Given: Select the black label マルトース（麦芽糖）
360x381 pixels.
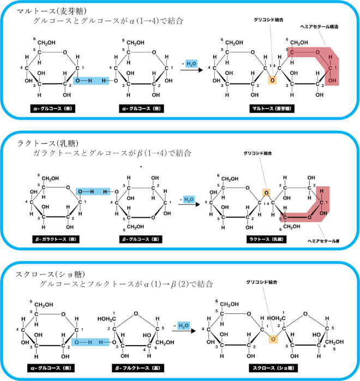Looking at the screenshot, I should [271, 109].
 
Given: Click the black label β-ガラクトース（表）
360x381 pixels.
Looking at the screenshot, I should [53, 239].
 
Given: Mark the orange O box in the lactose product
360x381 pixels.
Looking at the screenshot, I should [266, 193].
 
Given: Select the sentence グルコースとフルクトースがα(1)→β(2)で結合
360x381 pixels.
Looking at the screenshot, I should [125, 285].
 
